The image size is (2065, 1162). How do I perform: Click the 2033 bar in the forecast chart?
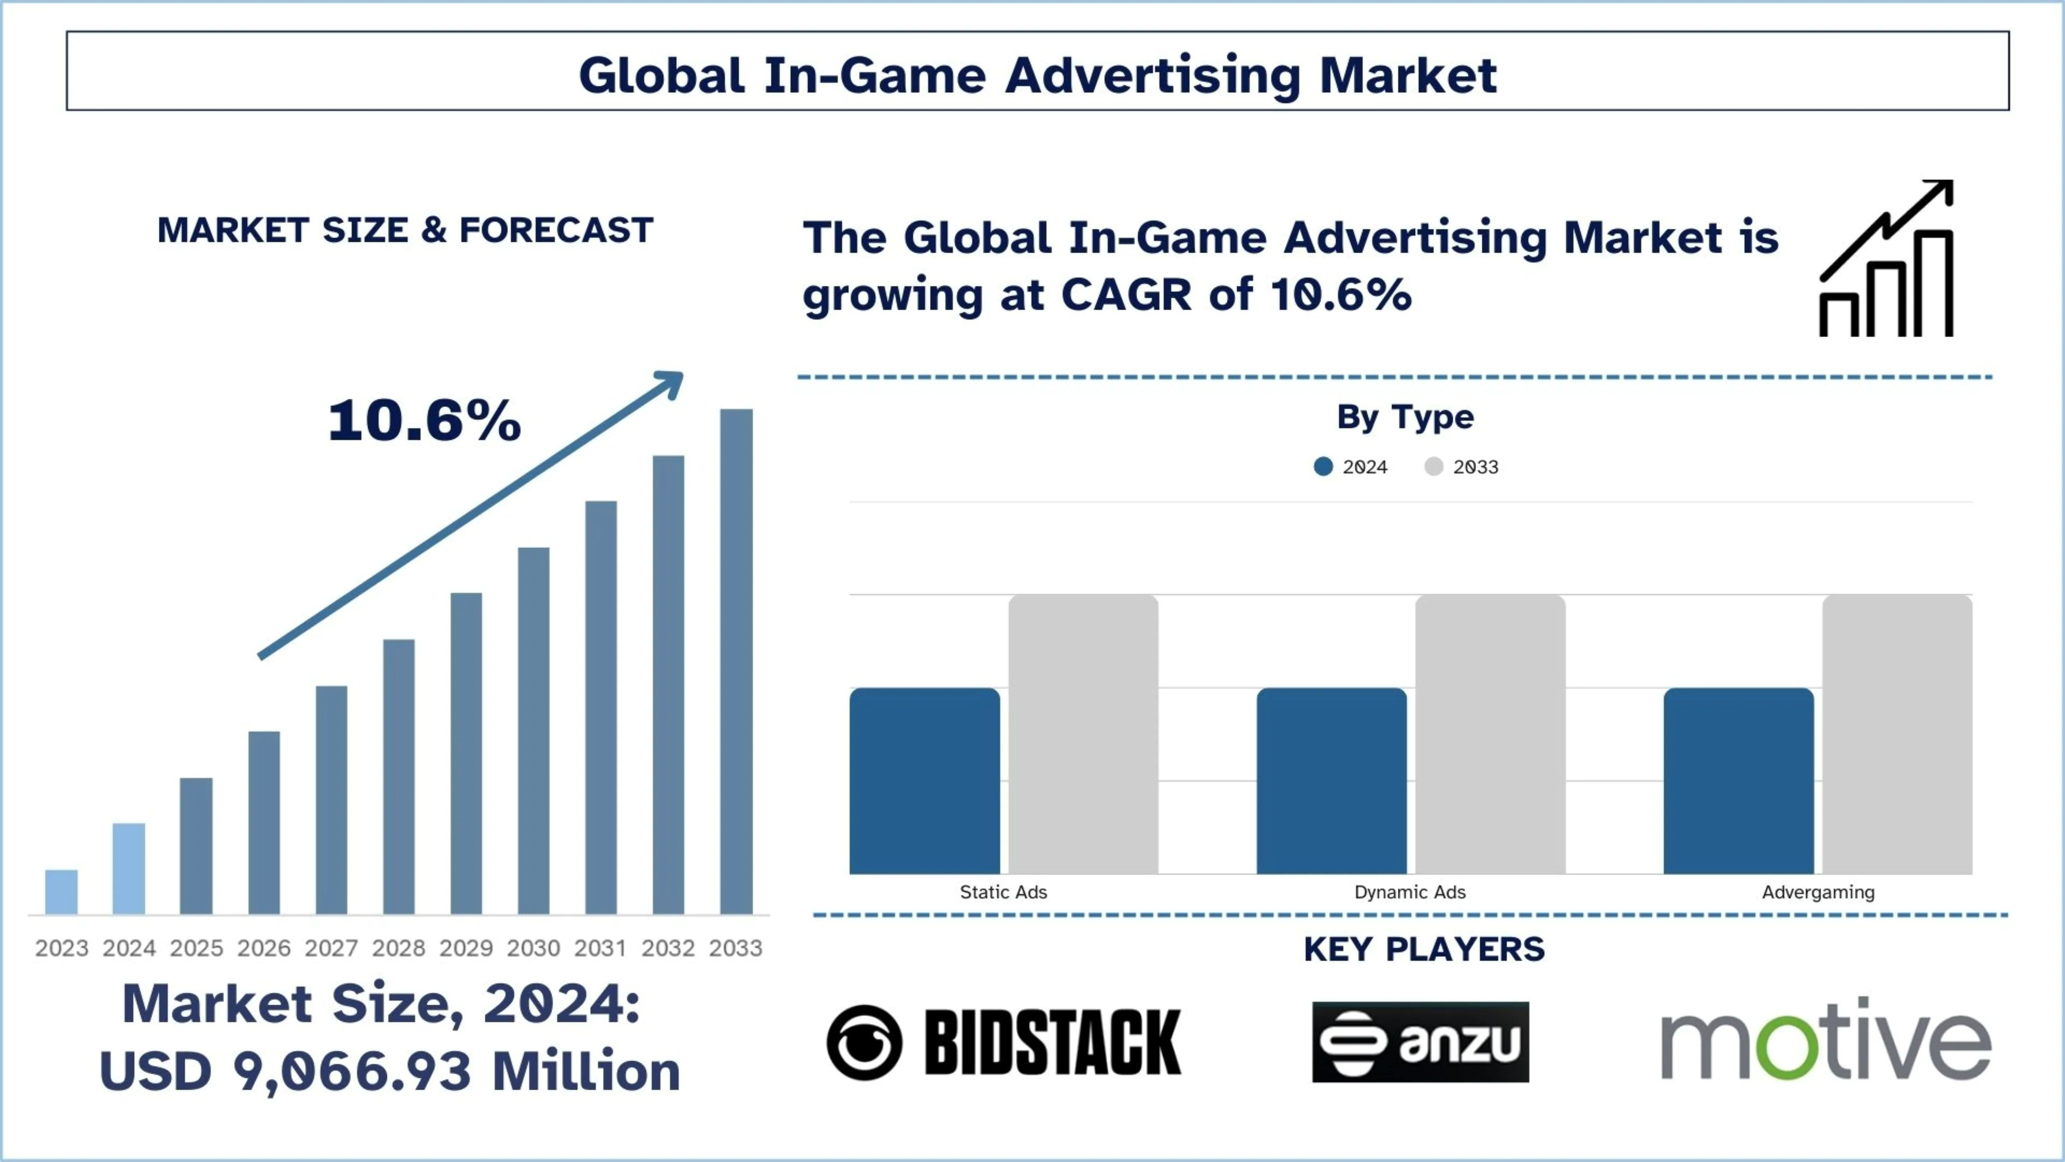coord(736,662)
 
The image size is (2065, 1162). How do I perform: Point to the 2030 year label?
coord(533,948)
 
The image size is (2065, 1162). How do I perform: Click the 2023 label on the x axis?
coord(62,948)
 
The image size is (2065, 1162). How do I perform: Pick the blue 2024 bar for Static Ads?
coord(924,780)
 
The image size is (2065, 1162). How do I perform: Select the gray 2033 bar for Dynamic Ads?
coord(1490,734)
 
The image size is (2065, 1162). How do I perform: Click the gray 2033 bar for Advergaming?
coord(1898,734)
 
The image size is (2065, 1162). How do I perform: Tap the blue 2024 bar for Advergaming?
coord(1739,780)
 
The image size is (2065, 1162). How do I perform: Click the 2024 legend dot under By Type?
coord(1324,467)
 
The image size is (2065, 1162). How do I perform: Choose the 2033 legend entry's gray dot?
coord(1434,467)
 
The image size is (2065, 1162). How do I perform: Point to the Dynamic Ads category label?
coord(1410,892)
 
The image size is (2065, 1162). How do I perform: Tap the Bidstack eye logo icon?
coord(864,1043)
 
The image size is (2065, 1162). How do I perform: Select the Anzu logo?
coord(1420,1042)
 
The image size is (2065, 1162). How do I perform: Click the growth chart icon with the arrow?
coord(1886,258)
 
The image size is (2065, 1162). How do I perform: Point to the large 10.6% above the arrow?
coord(425,421)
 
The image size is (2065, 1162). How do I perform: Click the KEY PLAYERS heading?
coord(1424,949)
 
